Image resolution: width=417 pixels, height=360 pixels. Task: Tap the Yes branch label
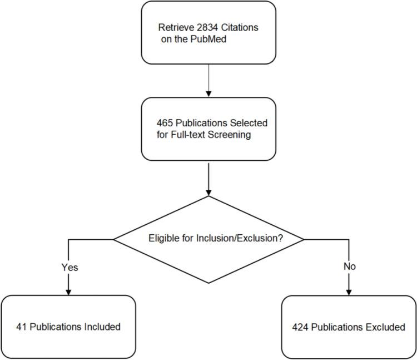(x=69, y=267)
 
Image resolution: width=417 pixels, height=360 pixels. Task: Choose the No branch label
(x=349, y=267)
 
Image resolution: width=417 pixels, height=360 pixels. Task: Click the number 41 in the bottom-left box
(x=21, y=327)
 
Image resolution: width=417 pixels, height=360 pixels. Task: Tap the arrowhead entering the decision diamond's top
(x=209, y=191)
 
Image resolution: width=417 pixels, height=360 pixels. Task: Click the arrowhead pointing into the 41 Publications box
(x=68, y=291)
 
